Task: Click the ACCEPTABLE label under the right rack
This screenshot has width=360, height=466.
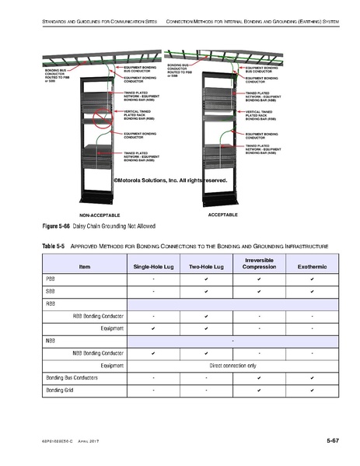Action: point(222,212)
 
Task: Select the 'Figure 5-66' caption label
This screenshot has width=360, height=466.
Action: point(50,226)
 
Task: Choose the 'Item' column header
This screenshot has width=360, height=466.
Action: point(84,267)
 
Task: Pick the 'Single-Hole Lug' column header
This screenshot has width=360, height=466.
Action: point(152,267)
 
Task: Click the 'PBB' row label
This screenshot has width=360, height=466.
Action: point(49,279)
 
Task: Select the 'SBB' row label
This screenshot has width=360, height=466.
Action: point(49,291)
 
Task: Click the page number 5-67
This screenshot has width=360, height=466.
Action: point(332,441)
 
